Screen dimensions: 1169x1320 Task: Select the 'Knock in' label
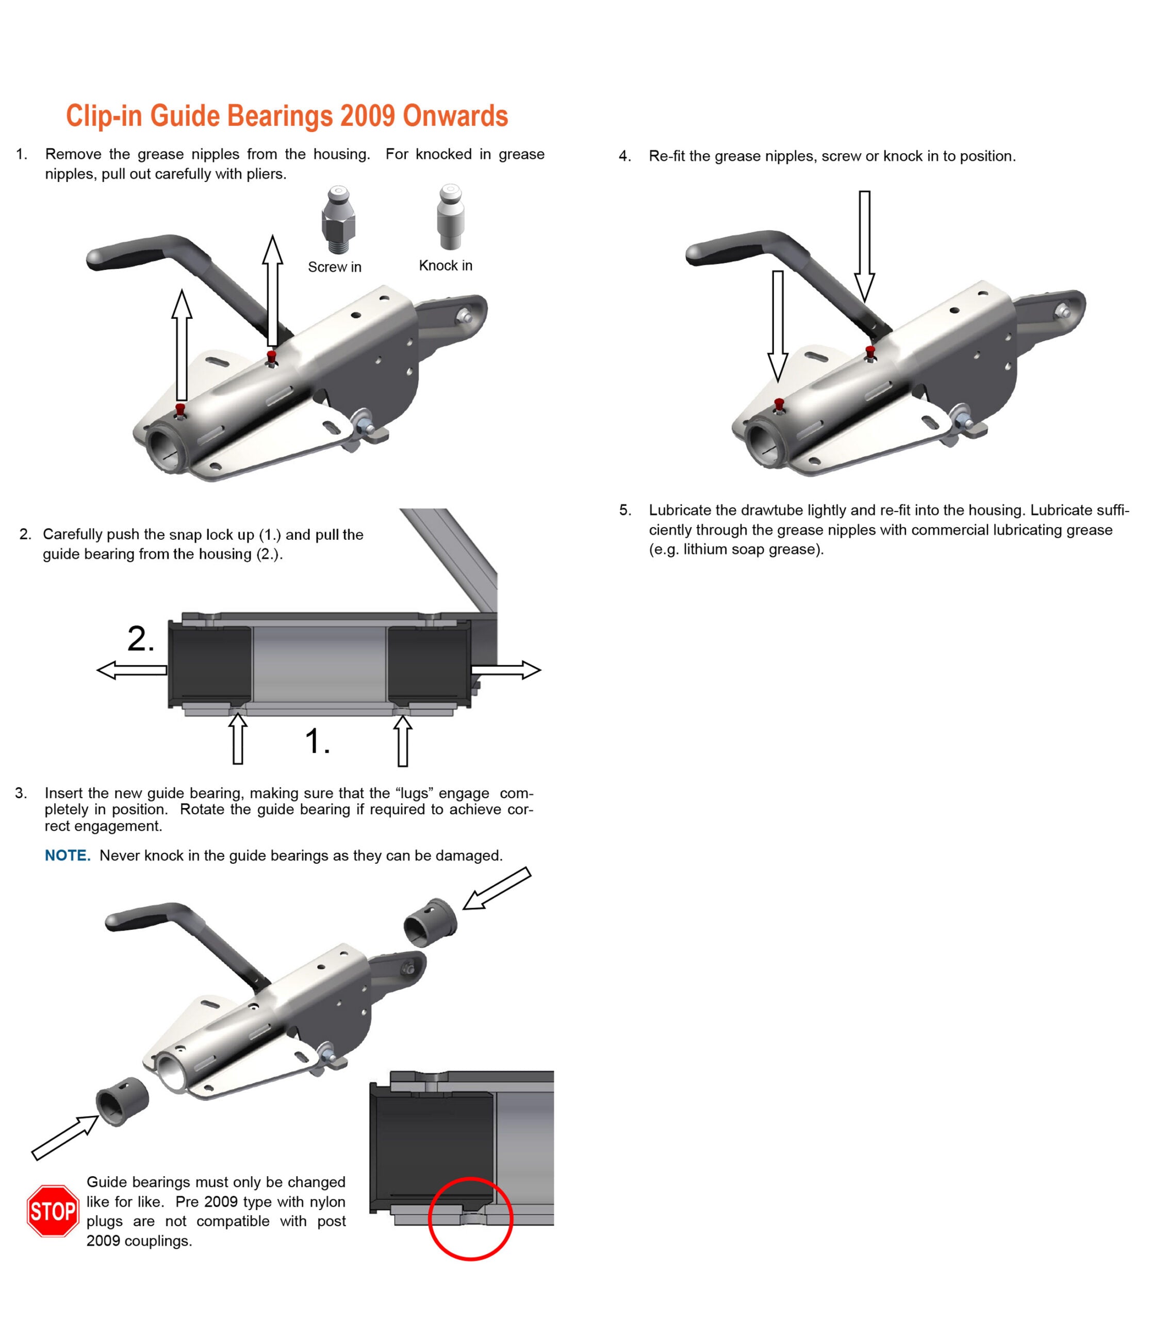446,266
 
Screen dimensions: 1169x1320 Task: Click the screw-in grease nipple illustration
337,220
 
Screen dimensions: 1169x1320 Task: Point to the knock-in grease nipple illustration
450,217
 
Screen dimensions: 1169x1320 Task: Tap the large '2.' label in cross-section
141,639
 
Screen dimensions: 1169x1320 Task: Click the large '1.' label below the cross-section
317,741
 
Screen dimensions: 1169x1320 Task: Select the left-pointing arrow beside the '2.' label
132,670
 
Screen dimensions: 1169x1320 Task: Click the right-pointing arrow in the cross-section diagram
506,670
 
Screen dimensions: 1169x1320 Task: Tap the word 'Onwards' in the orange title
455,115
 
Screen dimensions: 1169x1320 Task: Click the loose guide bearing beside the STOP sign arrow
122,1102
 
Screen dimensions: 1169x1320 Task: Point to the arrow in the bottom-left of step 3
65,1137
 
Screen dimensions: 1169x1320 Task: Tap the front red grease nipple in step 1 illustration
180,410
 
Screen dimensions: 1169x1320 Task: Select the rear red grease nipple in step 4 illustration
870,353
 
